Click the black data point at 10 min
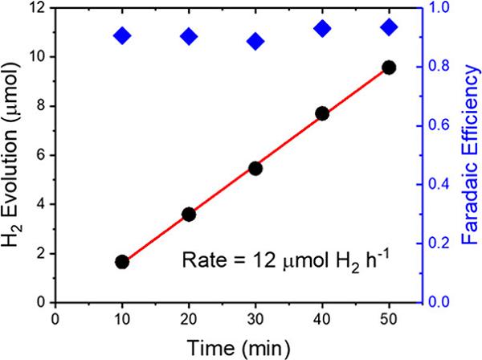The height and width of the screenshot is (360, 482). (122, 262)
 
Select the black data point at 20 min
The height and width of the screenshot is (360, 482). (189, 215)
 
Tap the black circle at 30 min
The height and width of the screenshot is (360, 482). (255, 169)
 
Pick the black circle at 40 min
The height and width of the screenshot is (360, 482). (323, 113)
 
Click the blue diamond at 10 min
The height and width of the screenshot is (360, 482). (122, 35)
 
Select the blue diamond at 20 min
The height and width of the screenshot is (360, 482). (189, 36)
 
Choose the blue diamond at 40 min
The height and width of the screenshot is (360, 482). (323, 29)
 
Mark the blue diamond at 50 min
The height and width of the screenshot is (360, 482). (390, 27)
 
